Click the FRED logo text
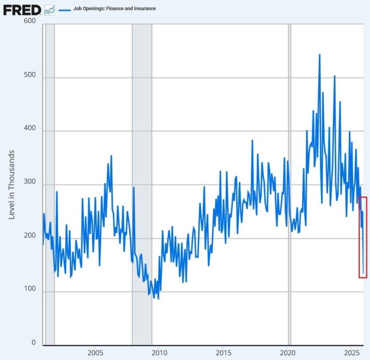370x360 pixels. pyautogui.click(x=21, y=10)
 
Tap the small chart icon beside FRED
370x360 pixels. pyautogui.click(x=50, y=10)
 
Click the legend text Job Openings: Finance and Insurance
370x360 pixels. pyautogui.click(x=114, y=9)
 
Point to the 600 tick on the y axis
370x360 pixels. pyautogui.click(x=29, y=21)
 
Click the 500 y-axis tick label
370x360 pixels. pyautogui.click(x=29, y=77)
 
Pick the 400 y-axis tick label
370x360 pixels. pyautogui.click(x=29, y=130)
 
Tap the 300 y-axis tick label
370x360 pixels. pyautogui.click(x=29, y=184)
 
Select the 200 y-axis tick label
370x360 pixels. pyautogui.click(x=29, y=237)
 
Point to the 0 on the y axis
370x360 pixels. pyautogui.click(x=33, y=343)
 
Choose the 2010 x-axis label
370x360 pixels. pyautogui.click(x=159, y=353)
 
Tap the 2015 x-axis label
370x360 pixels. pyautogui.click(x=224, y=353)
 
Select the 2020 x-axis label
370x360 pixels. pyautogui.click(x=288, y=353)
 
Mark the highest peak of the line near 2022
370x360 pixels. pyautogui.click(x=319, y=55)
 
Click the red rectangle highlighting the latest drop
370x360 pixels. pyautogui.click(x=363, y=237)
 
